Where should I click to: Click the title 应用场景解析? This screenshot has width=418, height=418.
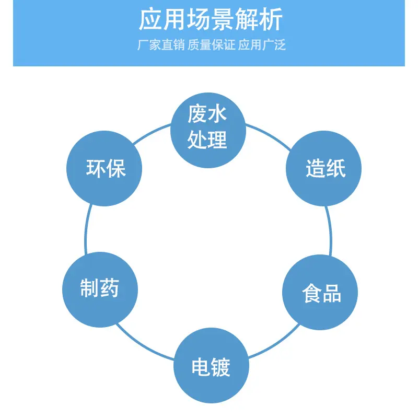[x=211, y=19]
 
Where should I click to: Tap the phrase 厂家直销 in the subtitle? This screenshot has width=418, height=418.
[x=161, y=44]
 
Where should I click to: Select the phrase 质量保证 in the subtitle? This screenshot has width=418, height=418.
[x=211, y=44]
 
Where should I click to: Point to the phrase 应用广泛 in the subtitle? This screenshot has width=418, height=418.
[x=262, y=44]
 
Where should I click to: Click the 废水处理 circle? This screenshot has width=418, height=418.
[x=208, y=130]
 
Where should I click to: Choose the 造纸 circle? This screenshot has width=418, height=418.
[x=323, y=168]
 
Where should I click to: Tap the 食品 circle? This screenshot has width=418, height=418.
[x=320, y=293]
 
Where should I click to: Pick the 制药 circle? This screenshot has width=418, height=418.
[x=100, y=289]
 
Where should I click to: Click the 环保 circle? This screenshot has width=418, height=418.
[x=104, y=168]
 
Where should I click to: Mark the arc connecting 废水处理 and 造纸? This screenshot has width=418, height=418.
[x=269, y=135]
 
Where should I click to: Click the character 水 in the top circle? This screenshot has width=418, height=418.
[x=217, y=114]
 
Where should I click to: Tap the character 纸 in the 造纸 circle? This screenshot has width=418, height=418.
[x=336, y=168]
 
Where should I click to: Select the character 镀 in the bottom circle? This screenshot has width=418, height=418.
[x=220, y=367]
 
